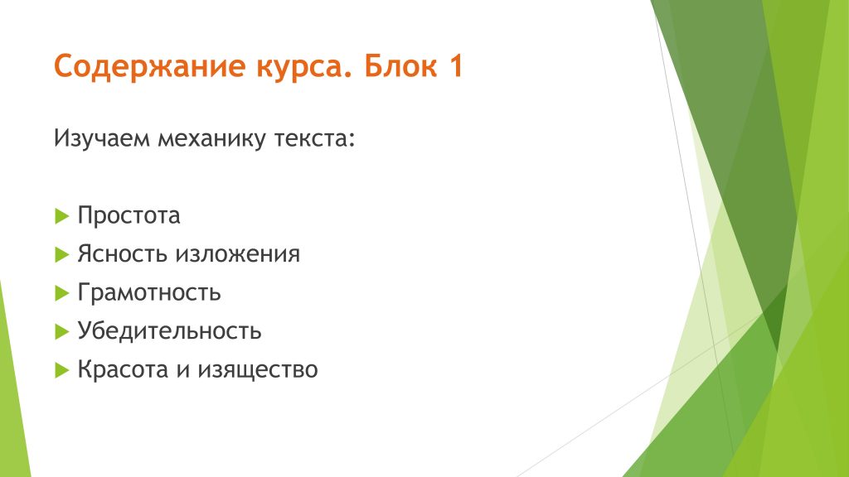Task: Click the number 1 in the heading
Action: [x=456, y=65]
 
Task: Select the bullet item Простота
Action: [x=129, y=215]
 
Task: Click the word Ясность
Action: [x=123, y=253]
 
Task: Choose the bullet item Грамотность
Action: [x=149, y=292]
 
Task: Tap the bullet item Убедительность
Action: [x=169, y=330]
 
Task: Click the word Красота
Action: [x=123, y=369]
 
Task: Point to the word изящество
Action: [x=257, y=370]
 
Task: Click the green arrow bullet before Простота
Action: [x=61, y=216]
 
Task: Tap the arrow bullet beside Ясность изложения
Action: [x=61, y=255]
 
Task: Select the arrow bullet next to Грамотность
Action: [x=61, y=293]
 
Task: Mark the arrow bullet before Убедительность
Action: [x=61, y=331]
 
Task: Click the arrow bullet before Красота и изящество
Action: [x=61, y=370]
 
